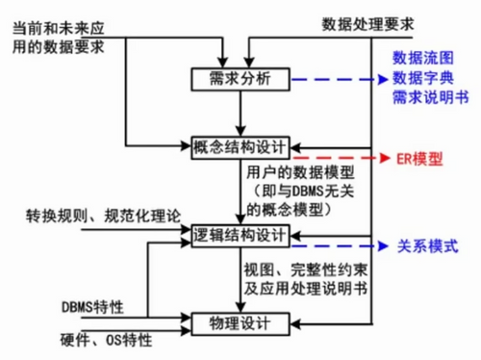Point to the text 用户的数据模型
[301, 173]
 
